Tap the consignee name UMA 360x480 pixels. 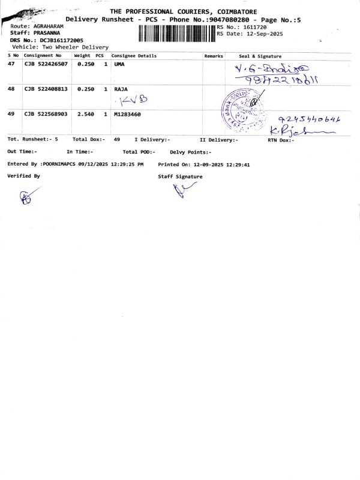pyautogui.click(x=119, y=64)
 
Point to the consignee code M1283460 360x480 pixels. pyautogui.click(x=127, y=113)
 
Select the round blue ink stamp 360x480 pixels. pyautogui.click(x=242, y=108)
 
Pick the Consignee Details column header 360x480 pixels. pyautogui.click(x=134, y=56)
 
